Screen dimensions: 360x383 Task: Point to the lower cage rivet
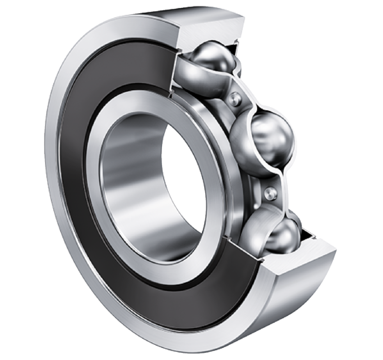pyautogui.click(x=271, y=193)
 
